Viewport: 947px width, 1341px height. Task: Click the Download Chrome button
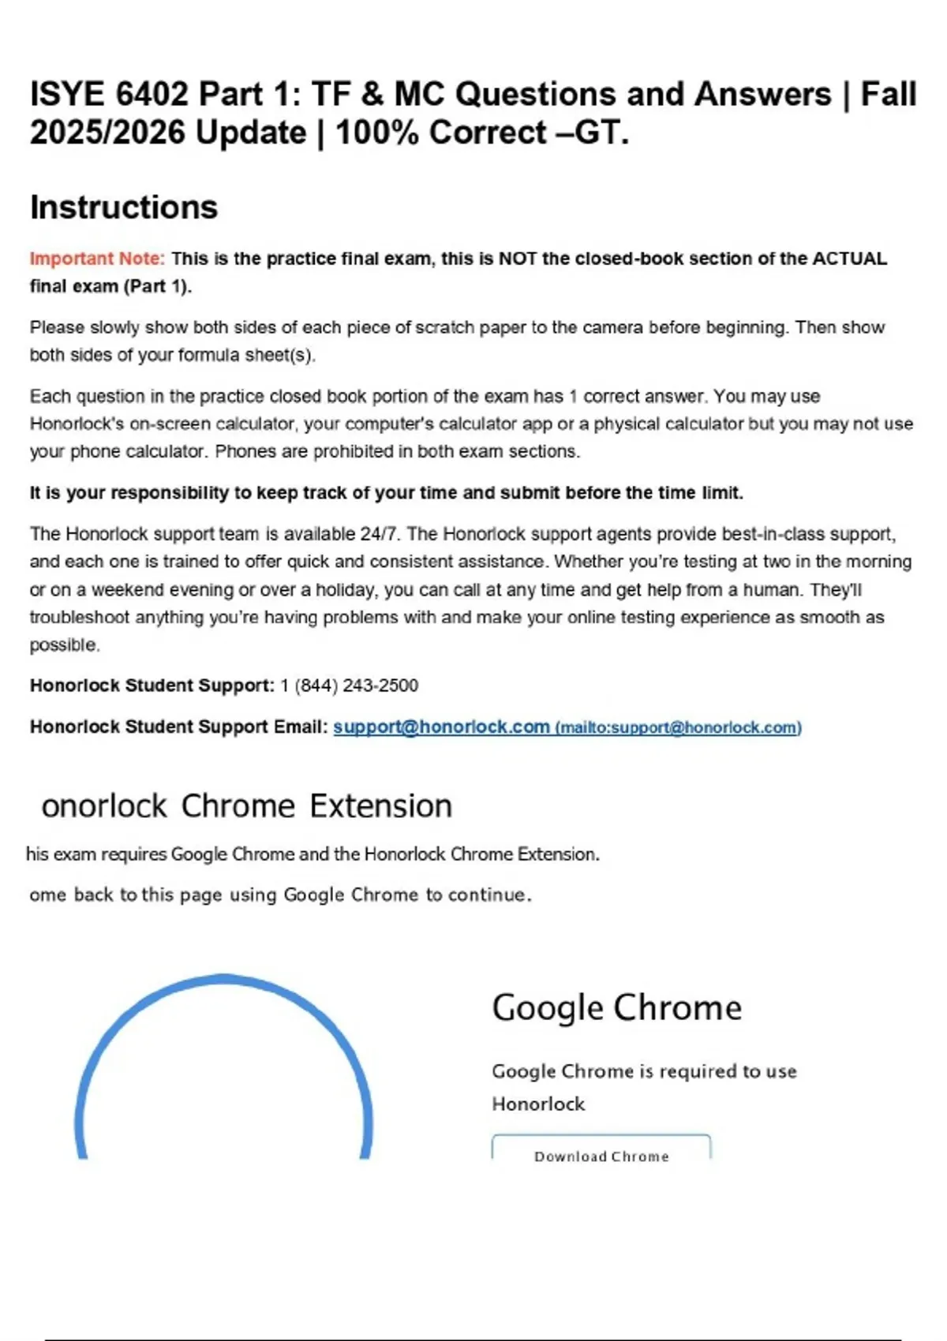pos(601,1156)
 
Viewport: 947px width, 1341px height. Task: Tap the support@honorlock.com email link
pos(441,727)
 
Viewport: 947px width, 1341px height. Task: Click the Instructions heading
pos(124,207)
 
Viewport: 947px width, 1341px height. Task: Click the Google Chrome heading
pos(616,1007)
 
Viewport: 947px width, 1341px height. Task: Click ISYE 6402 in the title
pos(109,94)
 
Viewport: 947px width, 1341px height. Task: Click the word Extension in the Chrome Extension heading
pos(380,806)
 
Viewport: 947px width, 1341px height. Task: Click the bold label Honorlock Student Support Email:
pos(178,727)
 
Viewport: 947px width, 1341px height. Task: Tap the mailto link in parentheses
pos(679,727)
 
